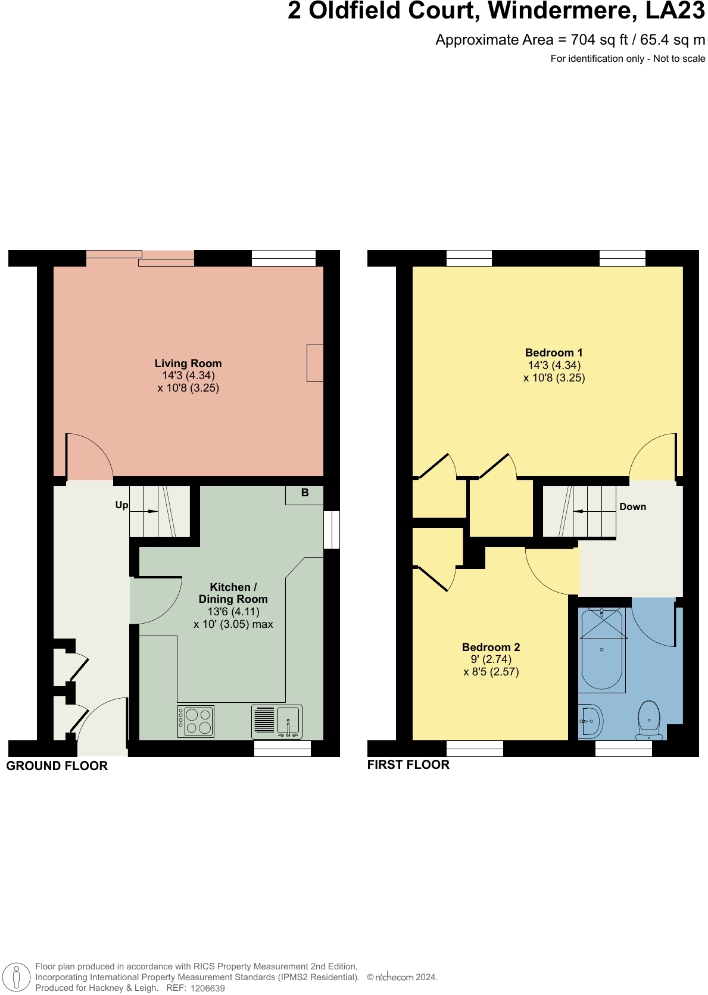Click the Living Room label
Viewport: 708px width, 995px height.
pyautogui.click(x=188, y=364)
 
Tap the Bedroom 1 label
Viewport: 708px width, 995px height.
pyautogui.click(x=554, y=353)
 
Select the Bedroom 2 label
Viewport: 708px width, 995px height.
pyautogui.click(x=491, y=647)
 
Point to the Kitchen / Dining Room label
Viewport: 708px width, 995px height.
pyautogui.click(x=233, y=593)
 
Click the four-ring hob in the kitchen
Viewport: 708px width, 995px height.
pyautogui.click(x=195, y=721)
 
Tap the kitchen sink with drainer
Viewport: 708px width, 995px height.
pyautogui.click(x=277, y=722)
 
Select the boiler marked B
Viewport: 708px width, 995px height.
pyautogui.click(x=304, y=495)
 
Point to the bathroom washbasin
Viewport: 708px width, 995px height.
pyautogui.click(x=591, y=721)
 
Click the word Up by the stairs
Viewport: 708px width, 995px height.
pyautogui.click(x=122, y=505)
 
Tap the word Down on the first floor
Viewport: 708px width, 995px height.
pyautogui.click(x=632, y=507)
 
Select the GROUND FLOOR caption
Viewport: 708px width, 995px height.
pyautogui.click(x=57, y=766)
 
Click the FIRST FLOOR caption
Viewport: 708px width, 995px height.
pyautogui.click(x=408, y=765)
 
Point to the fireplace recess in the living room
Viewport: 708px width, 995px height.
pyautogui.click(x=315, y=363)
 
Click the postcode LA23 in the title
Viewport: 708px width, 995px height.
pyautogui.click(x=675, y=11)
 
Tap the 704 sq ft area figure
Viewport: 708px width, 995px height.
pyautogui.click(x=599, y=40)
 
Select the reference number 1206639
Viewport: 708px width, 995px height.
pyautogui.click(x=208, y=988)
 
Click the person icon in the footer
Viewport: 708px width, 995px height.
pyautogui.click(x=17, y=977)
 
